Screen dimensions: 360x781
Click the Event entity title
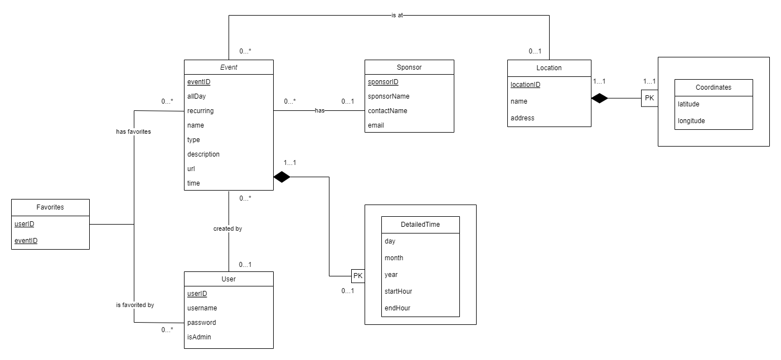click(x=229, y=67)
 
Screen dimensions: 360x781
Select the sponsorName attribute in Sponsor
click(x=388, y=96)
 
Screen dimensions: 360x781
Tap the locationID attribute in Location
click(x=525, y=85)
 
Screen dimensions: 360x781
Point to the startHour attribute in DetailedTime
click(x=398, y=291)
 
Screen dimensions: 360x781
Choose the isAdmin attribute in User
click(x=199, y=337)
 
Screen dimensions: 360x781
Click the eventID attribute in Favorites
click(x=26, y=241)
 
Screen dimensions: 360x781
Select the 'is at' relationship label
click(x=397, y=16)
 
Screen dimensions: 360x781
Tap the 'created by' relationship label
click(x=227, y=228)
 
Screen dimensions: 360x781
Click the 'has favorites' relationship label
click(x=133, y=132)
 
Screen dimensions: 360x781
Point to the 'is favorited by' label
click(x=134, y=305)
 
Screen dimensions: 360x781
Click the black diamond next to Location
click(x=599, y=99)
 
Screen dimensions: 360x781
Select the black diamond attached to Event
click(x=282, y=177)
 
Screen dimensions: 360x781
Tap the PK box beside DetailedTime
click(x=358, y=276)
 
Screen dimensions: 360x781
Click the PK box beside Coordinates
click(x=649, y=99)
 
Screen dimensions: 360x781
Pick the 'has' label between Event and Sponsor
click(x=319, y=111)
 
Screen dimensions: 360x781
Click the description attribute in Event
click(x=203, y=154)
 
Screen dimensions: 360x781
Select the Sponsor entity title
click(x=409, y=67)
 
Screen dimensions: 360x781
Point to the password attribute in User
click(x=202, y=323)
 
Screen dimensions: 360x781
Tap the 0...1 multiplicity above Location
click(x=535, y=51)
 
